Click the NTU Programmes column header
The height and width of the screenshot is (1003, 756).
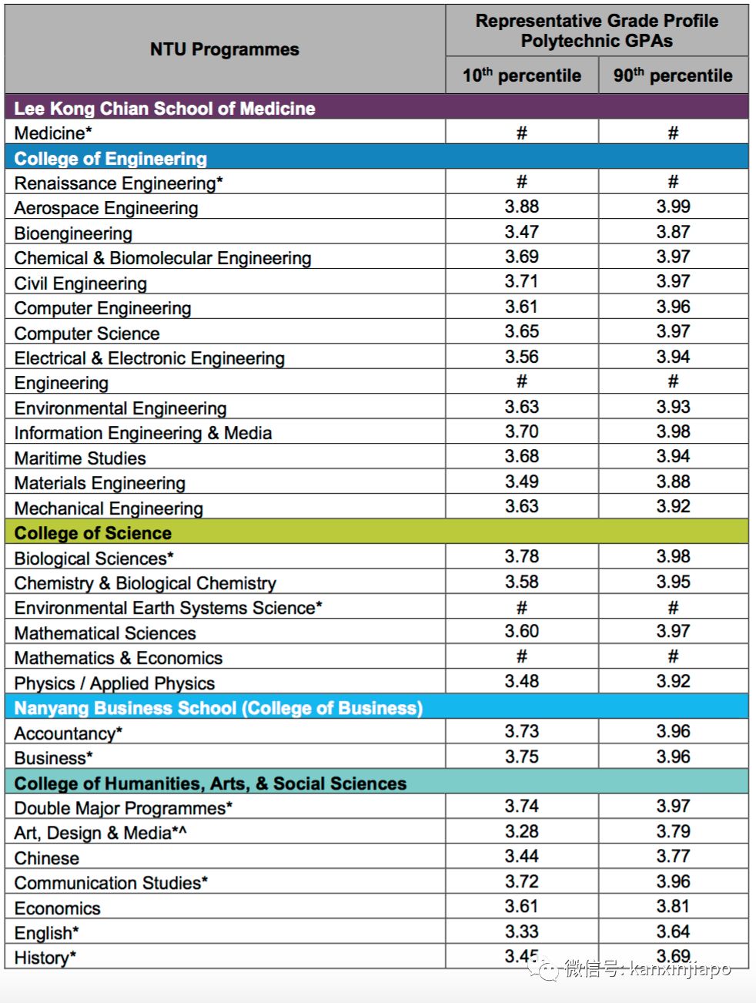tap(224, 49)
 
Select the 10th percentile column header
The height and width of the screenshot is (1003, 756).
tap(521, 75)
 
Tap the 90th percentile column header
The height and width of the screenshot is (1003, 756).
tap(673, 75)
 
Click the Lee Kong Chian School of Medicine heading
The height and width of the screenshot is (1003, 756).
tap(165, 108)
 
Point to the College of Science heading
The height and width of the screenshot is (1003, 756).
tap(93, 533)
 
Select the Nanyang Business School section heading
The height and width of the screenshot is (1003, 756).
tap(219, 708)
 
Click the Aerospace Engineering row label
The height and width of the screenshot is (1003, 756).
tap(106, 208)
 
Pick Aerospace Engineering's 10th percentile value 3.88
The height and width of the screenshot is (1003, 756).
tap(522, 206)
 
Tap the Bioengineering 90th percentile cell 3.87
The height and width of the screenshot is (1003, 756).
tap(673, 232)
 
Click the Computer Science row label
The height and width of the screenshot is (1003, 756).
tap(87, 334)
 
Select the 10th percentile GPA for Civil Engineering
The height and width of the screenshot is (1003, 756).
tap(522, 281)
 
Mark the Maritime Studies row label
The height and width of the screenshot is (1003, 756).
tap(80, 458)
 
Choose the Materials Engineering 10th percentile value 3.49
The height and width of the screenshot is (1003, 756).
tap(522, 481)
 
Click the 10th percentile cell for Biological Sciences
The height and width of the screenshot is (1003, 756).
tap(522, 556)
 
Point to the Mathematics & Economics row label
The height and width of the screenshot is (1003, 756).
tap(119, 658)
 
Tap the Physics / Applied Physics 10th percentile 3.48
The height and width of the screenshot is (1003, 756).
tap(522, 681)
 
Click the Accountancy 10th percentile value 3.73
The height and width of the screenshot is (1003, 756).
tap(522, 731)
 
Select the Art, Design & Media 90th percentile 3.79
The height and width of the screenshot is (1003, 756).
tap(673, 831)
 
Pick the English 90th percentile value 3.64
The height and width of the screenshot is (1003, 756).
tap(673, 931)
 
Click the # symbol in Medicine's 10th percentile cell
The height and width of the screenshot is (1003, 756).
tap(521, 133)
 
